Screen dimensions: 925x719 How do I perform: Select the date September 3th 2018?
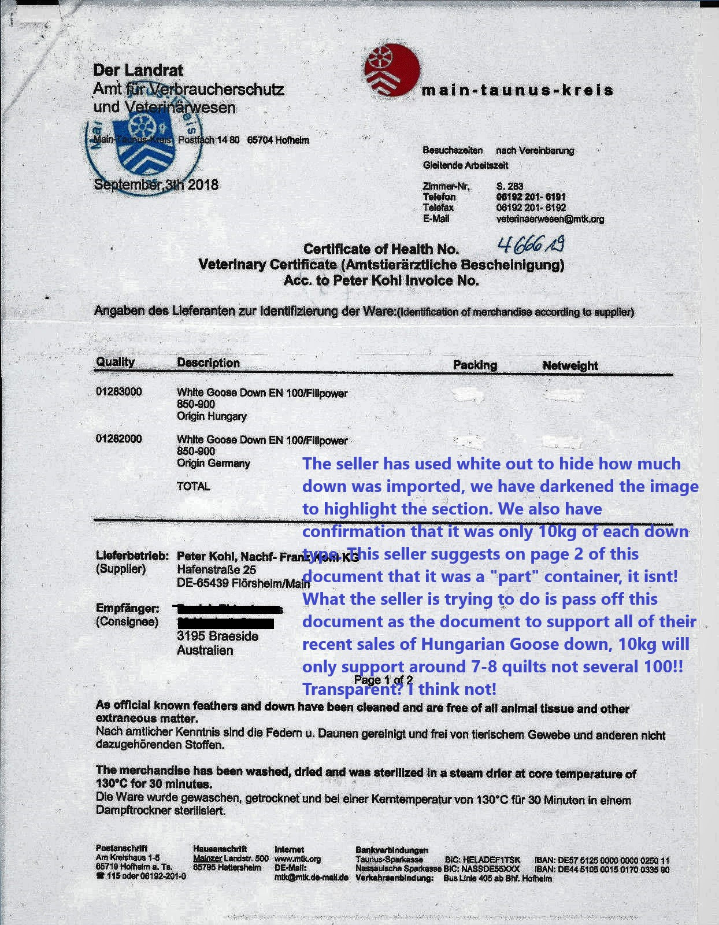(x=156, y=186)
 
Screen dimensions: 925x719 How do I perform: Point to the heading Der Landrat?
(x=138, y=71)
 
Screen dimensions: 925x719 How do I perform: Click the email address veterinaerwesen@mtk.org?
(x=550, y=219)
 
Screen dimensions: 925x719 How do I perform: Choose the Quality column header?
(x=116, y=362)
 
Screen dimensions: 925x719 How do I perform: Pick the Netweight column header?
(x=570, y=365)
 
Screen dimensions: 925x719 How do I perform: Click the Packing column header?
(x=475, y=365)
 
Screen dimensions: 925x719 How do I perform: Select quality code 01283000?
(x=118, y=392)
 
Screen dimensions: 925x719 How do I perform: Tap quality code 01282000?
(x=118, y=439)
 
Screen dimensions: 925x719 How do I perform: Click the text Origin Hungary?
(x=212, y=416)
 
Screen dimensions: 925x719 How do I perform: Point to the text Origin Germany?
(x=213, y=464)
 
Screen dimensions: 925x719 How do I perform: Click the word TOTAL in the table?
(x=193, y=487)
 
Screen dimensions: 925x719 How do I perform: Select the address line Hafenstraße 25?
(x=216, y=570)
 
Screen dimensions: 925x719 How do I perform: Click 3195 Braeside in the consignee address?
(x=217, y=637)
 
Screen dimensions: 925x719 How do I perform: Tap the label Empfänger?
(x=128, y=609)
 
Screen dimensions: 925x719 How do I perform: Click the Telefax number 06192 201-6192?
(x=531, y=208)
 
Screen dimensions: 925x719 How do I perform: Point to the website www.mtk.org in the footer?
(x=298, y=859)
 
